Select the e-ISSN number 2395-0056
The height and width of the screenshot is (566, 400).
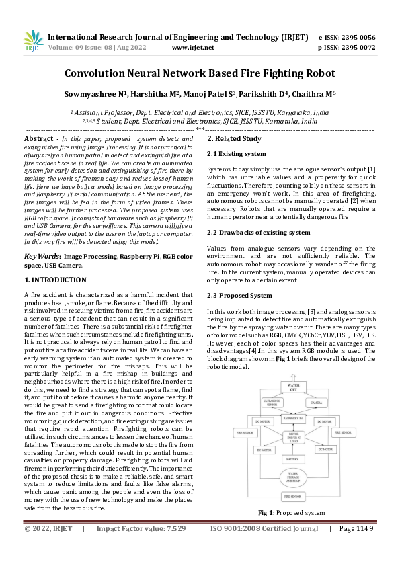[x=356, y=37]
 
